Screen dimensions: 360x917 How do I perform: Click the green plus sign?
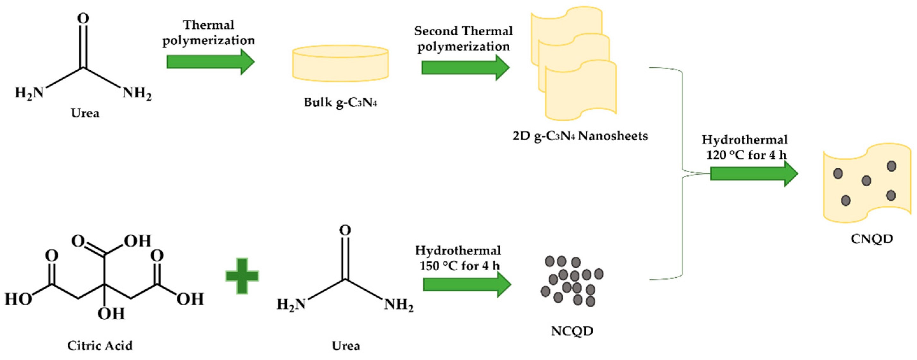(x=242, y=276)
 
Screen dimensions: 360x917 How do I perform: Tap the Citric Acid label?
(x=100, y=345)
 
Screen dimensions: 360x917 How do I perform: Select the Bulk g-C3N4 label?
(x=340, y=102)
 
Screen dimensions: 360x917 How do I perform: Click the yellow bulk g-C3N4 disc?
(x=340, y=63)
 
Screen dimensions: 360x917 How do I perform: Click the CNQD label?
(x=872, y=239)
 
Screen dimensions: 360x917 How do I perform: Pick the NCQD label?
(x=572, y=331)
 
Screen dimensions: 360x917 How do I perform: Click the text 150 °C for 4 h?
(x=459, y=266)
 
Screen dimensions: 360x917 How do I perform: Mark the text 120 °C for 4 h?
(x=746, y=155)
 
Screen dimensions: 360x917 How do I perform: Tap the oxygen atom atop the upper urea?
(x=83, y=18)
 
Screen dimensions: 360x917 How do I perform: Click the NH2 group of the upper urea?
(x=137, y=94)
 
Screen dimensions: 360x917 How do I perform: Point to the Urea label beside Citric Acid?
(x=346, y=345)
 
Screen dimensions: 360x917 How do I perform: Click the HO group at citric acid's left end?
(x=18, y=299)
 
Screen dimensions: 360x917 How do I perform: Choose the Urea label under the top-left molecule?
(x=85, y=113)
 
